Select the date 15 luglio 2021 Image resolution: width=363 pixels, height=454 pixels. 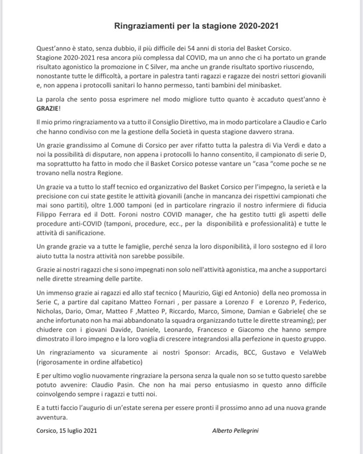tap(78, 431)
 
